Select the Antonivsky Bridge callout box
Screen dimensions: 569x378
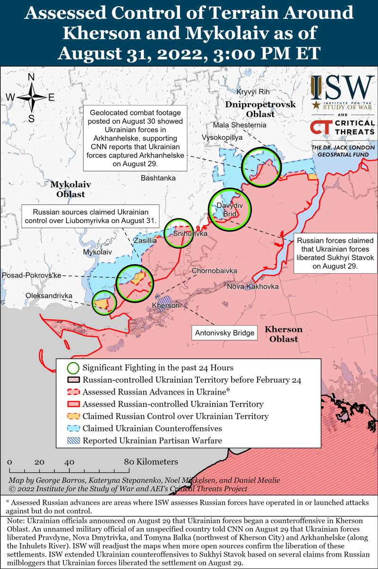(225, 333)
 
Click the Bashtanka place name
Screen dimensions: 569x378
(158, 178)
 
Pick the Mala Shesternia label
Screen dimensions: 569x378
(240, 125)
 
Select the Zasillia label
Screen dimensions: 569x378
(145, 240)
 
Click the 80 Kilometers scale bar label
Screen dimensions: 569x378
(151, 462)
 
